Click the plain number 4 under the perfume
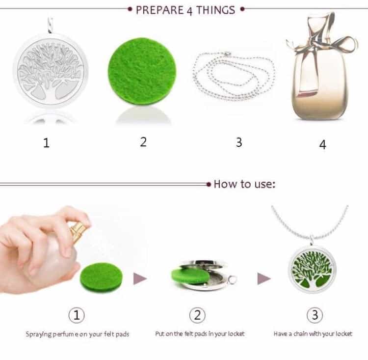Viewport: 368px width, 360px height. click(322, 144)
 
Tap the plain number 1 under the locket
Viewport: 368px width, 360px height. click(47, 143)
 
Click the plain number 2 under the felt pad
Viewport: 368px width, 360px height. click(143, 142)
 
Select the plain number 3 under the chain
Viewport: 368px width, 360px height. click(239, 142)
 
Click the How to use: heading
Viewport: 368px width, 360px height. click(244, 185)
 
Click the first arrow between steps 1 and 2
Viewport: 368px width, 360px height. click(140, 279)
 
